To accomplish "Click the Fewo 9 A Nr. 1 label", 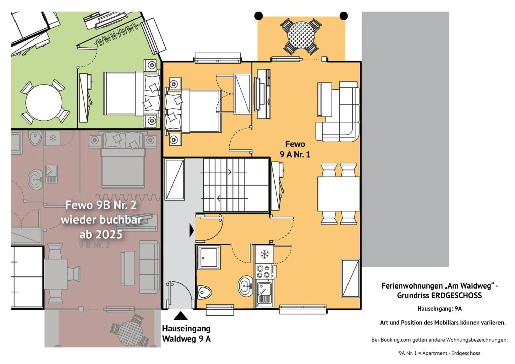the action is [x=295, y=149].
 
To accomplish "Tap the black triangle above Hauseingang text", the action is [x=180, y=316].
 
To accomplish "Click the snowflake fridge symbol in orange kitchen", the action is [x=264, y=254].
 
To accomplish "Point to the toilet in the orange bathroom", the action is [x=204, y=293].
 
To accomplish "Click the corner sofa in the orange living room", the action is [x=338, y=111].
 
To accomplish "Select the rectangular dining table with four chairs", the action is [x=338, y=194].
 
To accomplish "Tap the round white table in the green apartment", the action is [x=44, y=102].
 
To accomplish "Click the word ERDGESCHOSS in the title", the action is [x=456, y=295].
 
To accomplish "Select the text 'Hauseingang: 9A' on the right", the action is [x=440, y=309].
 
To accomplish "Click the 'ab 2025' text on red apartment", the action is [x=101, y=235].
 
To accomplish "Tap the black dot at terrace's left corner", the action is [x=259, y=16].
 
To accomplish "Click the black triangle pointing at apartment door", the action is [x=192, y=231].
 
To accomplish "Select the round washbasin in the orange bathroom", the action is [x=246, y=286].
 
